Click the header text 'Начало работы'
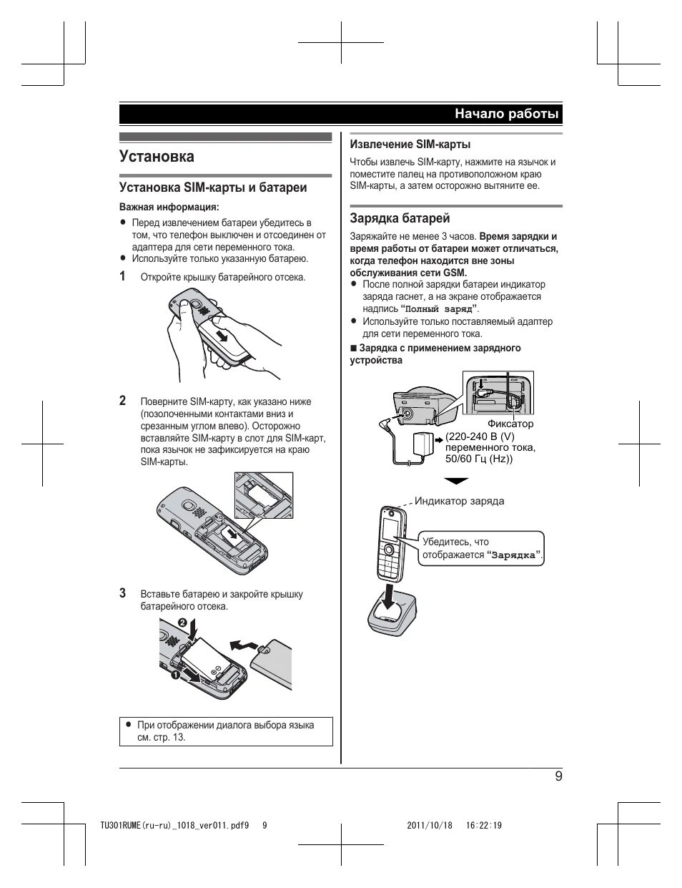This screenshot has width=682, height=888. point(507,114)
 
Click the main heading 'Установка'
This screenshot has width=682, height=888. point(157,156)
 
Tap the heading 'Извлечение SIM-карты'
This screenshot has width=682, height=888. point(410,144)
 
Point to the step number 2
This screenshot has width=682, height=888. point(123,401)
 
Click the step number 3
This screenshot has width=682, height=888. point(123,593)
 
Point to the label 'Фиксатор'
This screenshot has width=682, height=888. point(510,424)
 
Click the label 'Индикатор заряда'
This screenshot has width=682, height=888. point(459,501)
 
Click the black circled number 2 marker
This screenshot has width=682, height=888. point(182,623)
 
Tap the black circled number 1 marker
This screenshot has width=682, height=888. point(173,674)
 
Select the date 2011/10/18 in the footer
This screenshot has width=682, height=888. point(430,825)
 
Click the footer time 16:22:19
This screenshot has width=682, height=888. point(484,825)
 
